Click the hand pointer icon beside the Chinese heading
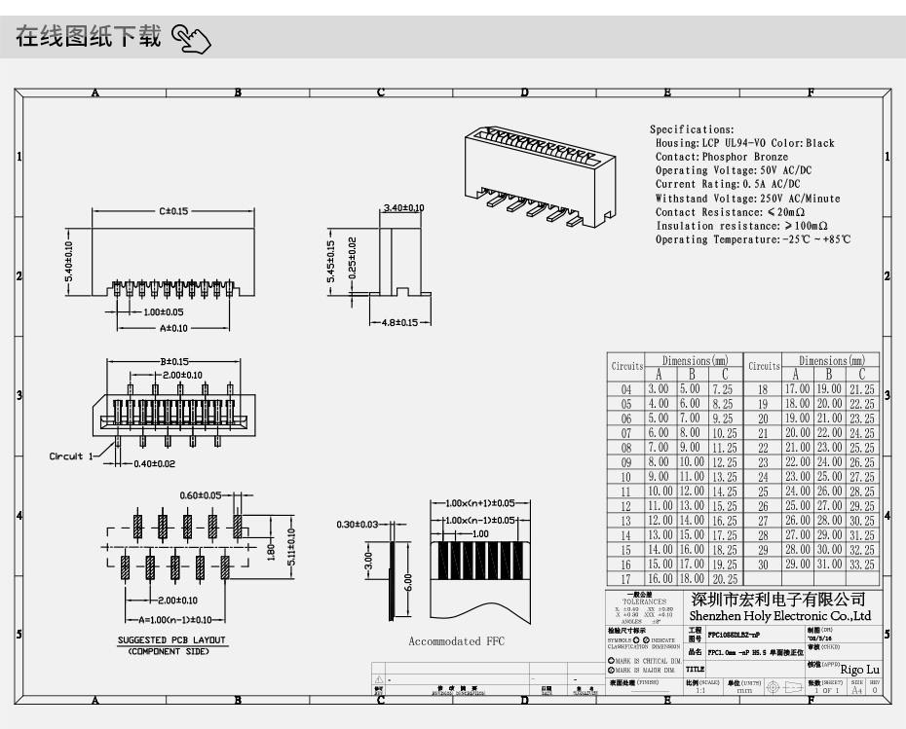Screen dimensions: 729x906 [x=191, y=39]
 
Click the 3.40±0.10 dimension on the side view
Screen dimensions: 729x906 [x=403, y=208]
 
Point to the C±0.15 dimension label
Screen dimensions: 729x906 [x=173, y=210]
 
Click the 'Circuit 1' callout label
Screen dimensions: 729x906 [x=72, y=456]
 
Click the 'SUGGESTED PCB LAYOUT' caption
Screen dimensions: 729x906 [x=171, y=640]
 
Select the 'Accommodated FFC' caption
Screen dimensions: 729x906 [x=457, y=641]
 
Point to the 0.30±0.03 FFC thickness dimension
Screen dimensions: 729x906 [x=357, y=525]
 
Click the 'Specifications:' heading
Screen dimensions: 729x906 [x=692, y=129]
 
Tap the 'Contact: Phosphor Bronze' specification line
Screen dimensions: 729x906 [x=722, y=157]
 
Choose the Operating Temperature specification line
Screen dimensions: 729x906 [x=752, y=239]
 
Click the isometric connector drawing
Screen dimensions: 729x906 [x=539, y=175]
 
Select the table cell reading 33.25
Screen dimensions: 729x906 [x=862, y=565]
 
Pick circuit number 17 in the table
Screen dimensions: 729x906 [x=626, y=579]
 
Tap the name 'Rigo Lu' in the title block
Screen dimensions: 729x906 [x=859, y=669]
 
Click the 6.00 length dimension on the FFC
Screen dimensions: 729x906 [x=408, y=581]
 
